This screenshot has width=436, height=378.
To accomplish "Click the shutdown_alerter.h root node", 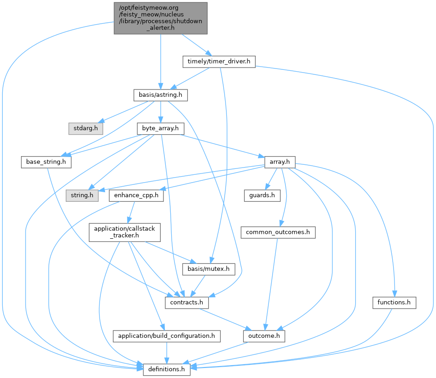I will coord(161,18).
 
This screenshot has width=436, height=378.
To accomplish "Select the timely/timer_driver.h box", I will coord(219,62).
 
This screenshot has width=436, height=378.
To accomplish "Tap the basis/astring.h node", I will coord(160,95).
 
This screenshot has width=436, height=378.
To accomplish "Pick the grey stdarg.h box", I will coord(86,128).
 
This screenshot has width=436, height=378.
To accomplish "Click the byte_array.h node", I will coord(160,128).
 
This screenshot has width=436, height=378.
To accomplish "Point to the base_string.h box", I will coord(46,162).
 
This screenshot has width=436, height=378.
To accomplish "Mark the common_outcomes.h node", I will coord(278,232).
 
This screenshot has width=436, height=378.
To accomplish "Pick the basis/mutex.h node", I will coord(209,269).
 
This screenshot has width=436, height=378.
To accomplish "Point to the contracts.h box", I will coord(187,302).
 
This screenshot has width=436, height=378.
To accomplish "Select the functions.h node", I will coord(394,302).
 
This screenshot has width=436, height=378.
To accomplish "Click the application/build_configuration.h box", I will coord(166,336).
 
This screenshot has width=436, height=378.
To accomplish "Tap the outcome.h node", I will coord(264,336).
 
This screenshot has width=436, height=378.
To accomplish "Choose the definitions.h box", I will coord(166,369).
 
